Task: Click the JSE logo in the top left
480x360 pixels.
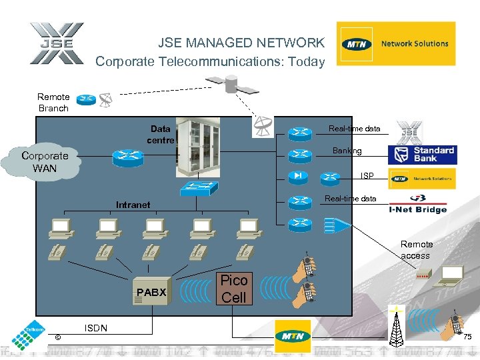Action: click(56, 44)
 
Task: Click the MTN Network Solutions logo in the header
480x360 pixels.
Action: click(396, 44)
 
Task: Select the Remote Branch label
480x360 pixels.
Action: click(53, 102)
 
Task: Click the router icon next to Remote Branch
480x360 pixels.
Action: click(85, 101)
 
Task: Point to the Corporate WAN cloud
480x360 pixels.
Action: click(45, 162)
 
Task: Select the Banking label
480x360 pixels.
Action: click(347, 151)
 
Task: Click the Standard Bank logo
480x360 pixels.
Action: click(423, 155)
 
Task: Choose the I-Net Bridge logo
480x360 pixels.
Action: click(418, 203)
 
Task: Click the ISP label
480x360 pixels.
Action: click(367, 176)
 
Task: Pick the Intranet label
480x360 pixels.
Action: click(133, 205)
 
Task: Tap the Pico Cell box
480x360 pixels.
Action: click(233, 289)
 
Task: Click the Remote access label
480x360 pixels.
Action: click(417, 250)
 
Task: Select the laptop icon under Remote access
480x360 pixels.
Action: click(452, 273)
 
